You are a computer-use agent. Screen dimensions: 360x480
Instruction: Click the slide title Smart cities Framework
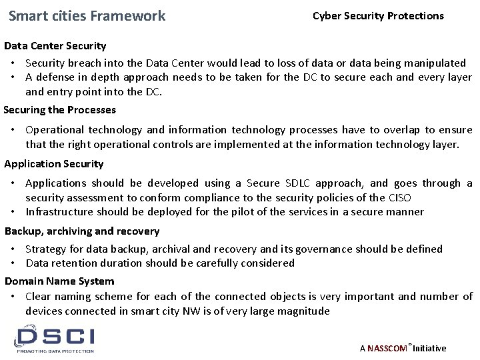(87, 16)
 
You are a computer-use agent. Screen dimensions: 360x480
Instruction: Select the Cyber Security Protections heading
(378, 15)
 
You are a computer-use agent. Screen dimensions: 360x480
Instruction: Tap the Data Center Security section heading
(55, 46)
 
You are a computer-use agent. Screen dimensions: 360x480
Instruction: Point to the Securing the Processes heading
(60, 109)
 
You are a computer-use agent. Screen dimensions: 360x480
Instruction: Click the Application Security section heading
(54, 163)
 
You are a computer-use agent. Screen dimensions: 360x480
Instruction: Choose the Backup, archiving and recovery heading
(82, 231)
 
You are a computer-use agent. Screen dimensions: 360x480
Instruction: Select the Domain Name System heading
(59, 281)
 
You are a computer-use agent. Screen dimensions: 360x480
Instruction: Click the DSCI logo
(55, 339)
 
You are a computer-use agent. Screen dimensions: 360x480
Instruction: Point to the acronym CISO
(400, 197)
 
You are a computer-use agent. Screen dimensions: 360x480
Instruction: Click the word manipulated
(433, 63)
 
